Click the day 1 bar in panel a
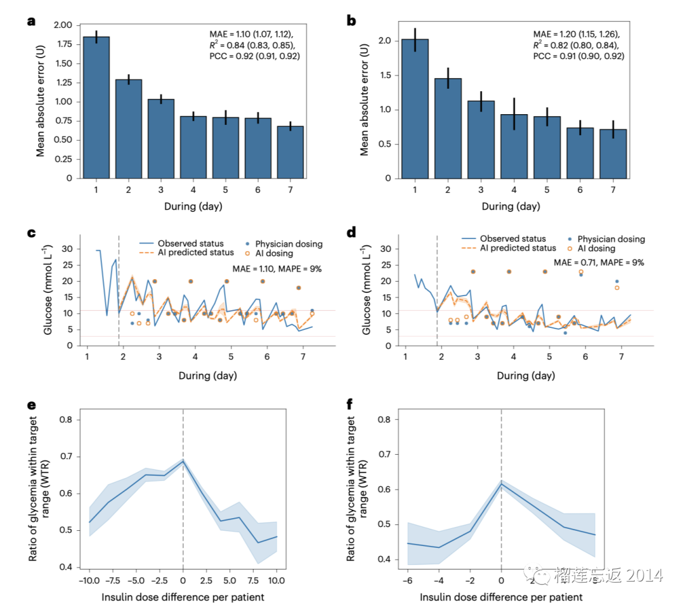pyautogui.click(x=96, y=108)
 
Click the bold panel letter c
pyautogui.click(x=31, y=233)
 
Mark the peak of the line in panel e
pyautogui.click(x=183, y=461)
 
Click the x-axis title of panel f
pyautogui.click(x=501, y=597)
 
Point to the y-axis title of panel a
pyautogui.click(x=41, y=101)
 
